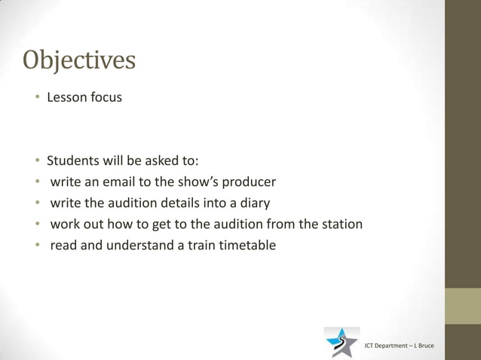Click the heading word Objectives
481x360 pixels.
pyautogui.click(x=80, y=59)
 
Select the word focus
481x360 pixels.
pyautogui.click(x=106, y=97)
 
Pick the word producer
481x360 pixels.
pyautogui.click(x=249, y=182)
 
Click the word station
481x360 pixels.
pyautogui.click(x=340, y=224)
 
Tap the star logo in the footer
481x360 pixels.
pyautogui.click(x=342, y=343)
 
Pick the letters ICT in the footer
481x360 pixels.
pyautogui.click(x=370, y=346)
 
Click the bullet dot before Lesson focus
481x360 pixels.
pyautogui.click(x=36, y=98)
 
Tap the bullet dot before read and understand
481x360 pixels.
pyautogui.click(x=36, y=246)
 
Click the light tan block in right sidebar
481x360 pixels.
pyautogui.click(x=462, y=307)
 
